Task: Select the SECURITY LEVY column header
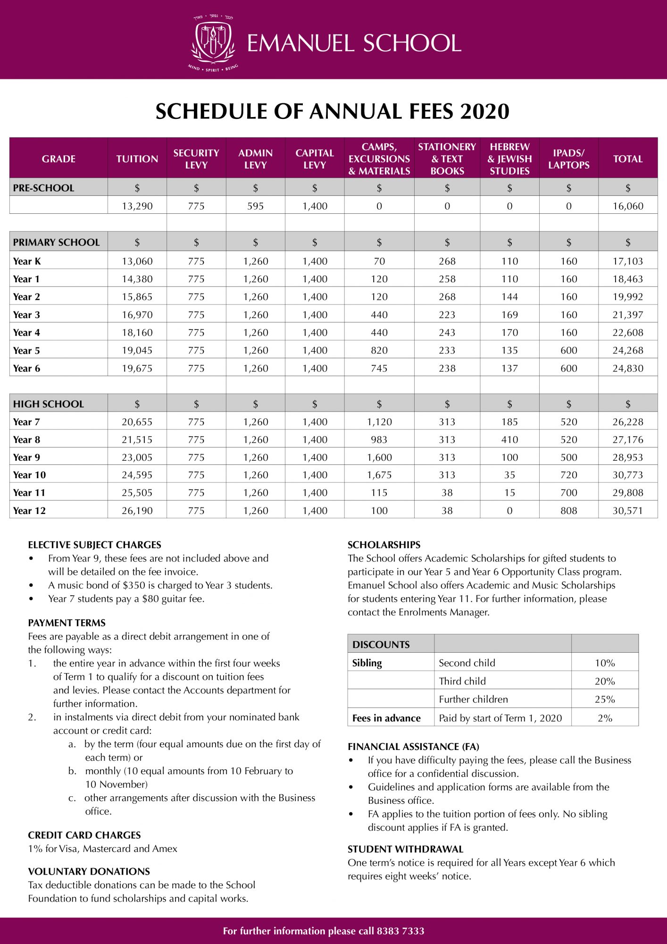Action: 196,159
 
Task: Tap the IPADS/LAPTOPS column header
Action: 568,159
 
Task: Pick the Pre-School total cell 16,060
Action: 627,206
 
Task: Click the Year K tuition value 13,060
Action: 137,261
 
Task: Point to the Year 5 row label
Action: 26,351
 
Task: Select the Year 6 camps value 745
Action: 379,369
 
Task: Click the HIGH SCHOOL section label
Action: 48,404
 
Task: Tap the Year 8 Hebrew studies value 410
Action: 509,440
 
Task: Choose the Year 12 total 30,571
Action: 627,511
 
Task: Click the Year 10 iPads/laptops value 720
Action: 568,475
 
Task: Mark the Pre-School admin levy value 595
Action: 255,206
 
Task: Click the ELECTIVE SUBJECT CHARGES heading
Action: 94,545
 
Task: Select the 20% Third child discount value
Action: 604,682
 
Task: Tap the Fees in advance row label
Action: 386,718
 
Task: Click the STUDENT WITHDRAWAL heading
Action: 405,849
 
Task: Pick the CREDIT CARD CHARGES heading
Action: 84,835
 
